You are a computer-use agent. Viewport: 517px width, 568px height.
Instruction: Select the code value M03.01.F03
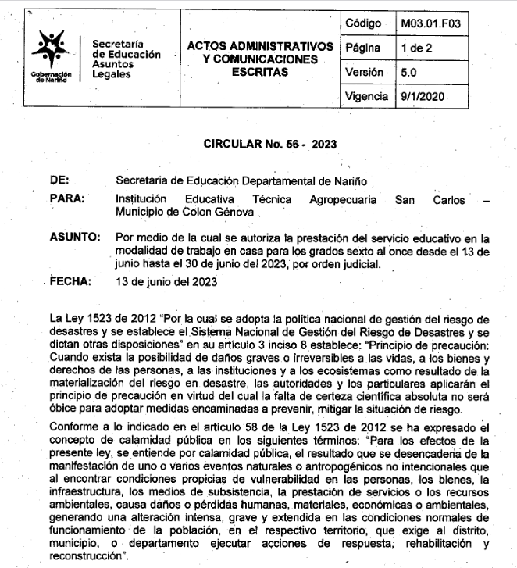click(x=430, y=23)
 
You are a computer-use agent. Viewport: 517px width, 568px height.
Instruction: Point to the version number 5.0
click(x=410, y=72)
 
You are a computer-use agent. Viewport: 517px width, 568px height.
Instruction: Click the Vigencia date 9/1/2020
click(x=425, y=96)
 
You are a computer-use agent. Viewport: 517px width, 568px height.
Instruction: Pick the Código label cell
click(x=366, y=23)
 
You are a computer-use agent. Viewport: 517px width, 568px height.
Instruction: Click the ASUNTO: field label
click(x=75, y=237)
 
